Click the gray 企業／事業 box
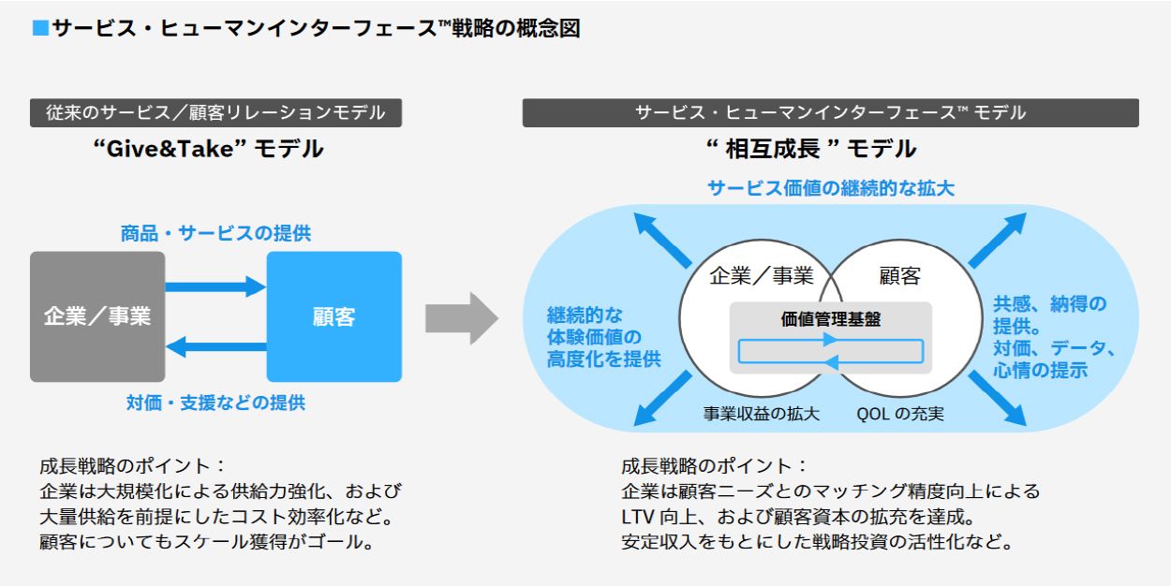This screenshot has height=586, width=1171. pyautogui.click(x=97, y=316)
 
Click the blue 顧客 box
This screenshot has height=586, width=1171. pyautogui.click(x=334, y=316)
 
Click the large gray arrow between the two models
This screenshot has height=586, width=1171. pyautogui.click(x=461, y=318)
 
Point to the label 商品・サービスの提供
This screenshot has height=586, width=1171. pyautogui.click(x=215, y=234)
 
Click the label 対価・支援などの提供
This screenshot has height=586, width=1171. pyautogui.click(x=215, y=403)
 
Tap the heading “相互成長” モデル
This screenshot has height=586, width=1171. pyautogui.click(x=811, y=149)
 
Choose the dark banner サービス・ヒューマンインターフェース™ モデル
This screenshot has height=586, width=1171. pyautogui.click(x=830, y=113)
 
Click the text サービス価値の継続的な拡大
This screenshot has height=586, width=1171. pyautogui.click(x=830, y=188)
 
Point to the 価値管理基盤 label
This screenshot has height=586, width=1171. pyautogui.click(x=830, y=318)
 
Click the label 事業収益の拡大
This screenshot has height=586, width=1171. pyautogui.click(x=761, y=413)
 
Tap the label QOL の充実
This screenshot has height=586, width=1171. pyautogui.click(x=900, y=413)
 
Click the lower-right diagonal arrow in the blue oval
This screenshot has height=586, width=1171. pyautogui.click(x=997, y=400)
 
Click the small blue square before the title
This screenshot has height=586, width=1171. pyautogui.click(x=39, y=29)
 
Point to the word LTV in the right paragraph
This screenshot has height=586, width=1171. pyautogui.click(x=637, y=517)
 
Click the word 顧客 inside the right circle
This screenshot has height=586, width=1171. pyautogui.click(x=899, y=276)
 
